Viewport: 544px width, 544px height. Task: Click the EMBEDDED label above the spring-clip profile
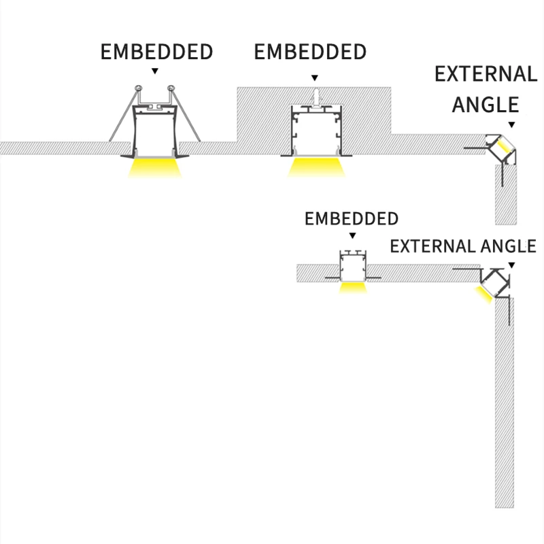pos(156,52)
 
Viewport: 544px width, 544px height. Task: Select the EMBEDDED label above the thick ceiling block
pos(310,52)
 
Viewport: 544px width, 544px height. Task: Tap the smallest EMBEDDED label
pos(351,219)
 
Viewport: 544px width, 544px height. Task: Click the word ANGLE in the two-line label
pos(486,104)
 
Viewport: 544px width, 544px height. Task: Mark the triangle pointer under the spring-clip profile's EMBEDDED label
pos(156,70)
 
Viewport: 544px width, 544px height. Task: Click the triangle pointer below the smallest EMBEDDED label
pos(352,235)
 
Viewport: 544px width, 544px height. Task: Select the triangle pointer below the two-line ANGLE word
pos(511,124)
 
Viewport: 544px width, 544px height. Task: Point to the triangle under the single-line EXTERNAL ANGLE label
pos(511,264)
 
